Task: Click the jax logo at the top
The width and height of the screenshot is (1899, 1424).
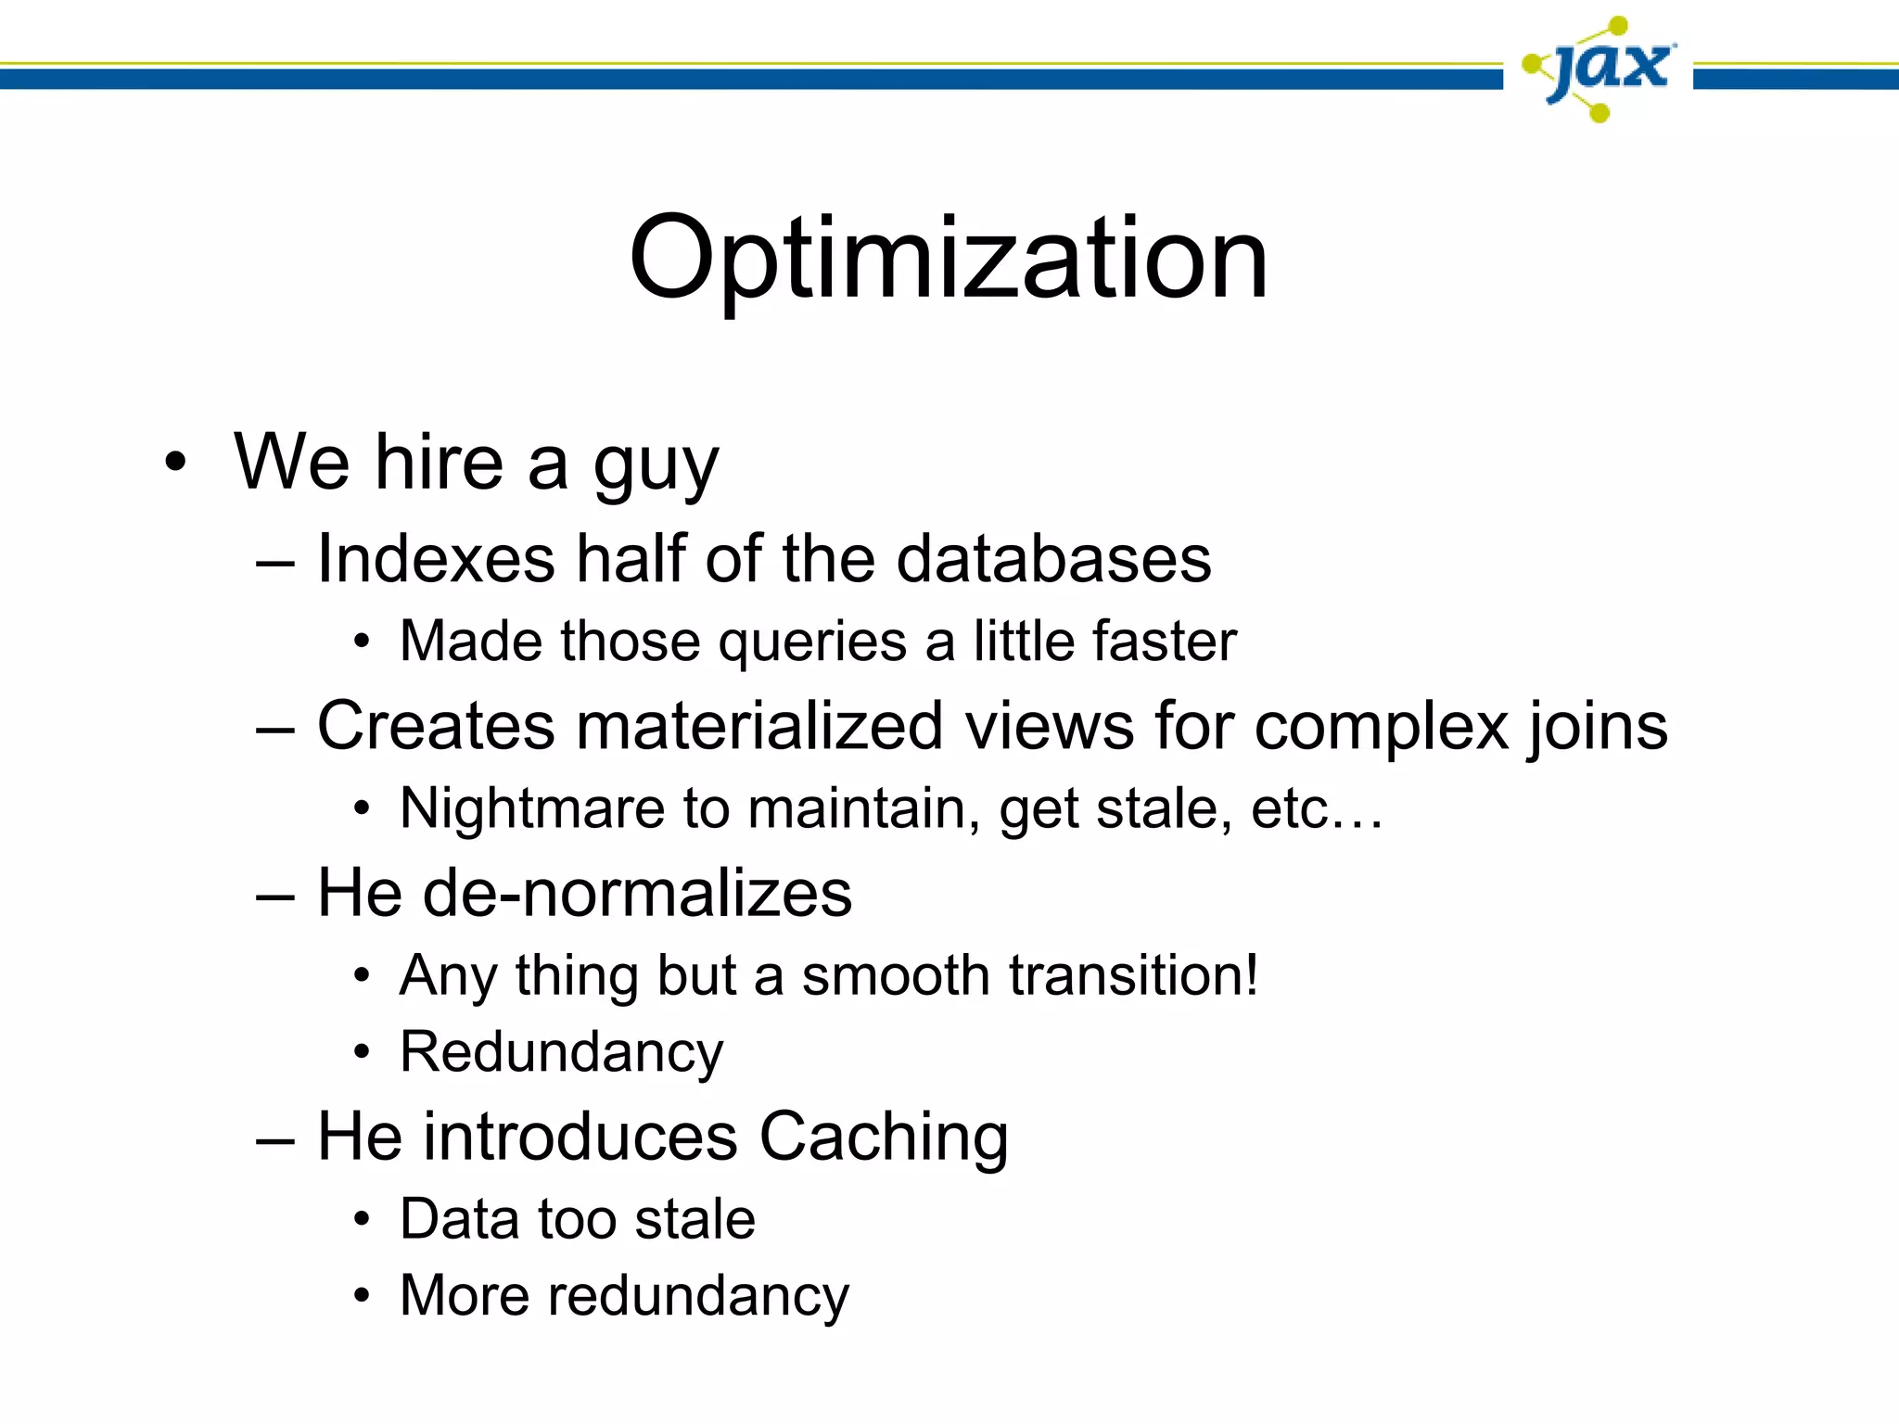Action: (1599, 69)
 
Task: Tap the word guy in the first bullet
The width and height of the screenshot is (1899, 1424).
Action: (656, 465)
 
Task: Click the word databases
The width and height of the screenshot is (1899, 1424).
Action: (1053, 559)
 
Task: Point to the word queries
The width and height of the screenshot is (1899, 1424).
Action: (812, 642)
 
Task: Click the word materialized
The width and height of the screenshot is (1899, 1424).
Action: (759, 725)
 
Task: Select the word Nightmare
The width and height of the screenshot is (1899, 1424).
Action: (532, 808)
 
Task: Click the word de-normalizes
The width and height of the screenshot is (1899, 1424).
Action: (638, 893)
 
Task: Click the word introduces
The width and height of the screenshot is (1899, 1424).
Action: (581, 1137)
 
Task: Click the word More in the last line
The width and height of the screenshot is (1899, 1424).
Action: (464, 1295)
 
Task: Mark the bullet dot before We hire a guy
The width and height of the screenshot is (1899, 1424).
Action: (175, 462)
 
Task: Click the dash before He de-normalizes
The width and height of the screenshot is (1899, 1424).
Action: (275, 896)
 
